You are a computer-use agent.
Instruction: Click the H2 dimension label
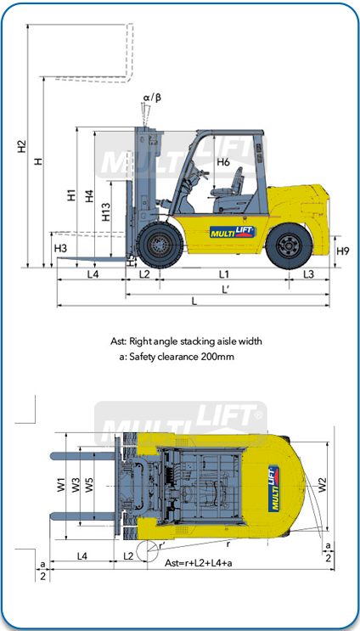coord(22,146)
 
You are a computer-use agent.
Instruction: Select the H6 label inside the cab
coord(223,162)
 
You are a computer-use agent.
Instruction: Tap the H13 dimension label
coord(106,211)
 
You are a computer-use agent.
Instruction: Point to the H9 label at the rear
coord(343,251)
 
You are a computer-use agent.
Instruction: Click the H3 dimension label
coord(60,249)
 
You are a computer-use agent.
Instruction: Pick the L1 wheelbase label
coord(223,274)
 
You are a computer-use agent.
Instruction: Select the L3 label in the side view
coord(308,274)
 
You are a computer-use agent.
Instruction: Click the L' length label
coord(226,290)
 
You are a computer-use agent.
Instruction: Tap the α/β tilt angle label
coord(152,98)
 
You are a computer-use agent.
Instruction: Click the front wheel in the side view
coord(160,245)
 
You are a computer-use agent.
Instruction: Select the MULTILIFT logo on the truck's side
coord(233,231)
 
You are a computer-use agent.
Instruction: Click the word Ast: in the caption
coord(119,341)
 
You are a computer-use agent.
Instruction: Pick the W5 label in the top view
coord(89,485)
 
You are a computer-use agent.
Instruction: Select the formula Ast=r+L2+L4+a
coord(199,563)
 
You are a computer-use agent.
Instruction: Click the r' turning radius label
coord(161,545)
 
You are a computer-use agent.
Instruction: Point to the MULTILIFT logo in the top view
coord(274,488)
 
